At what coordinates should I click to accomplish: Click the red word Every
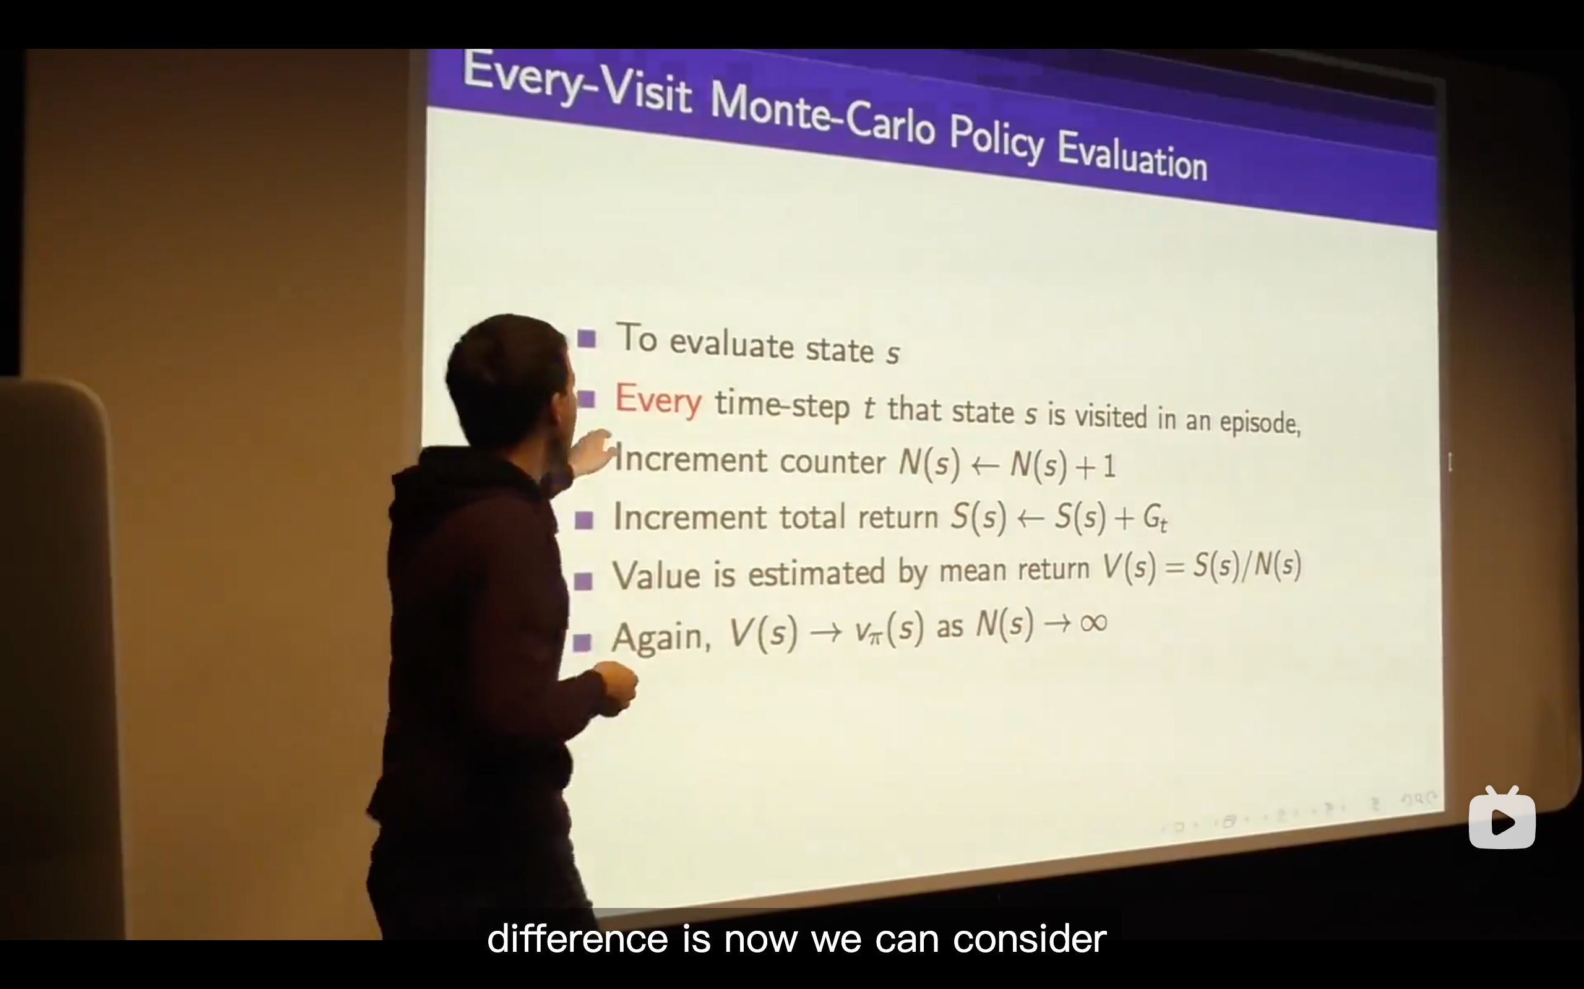pyautogui.click(x=658, y=400)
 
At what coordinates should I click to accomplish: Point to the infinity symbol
pyautogui.click(x=1094, y=622)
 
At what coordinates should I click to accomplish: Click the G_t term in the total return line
pyautogui.click(x=1155, y=519)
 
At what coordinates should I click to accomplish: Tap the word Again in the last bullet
pyautogui.click(x=661, y=636)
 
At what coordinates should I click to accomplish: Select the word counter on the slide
pyautogui.click(x=833, y=462)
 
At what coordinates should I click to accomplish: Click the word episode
pyautogui.click(x=1260, y=421)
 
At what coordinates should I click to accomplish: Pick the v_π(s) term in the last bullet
pyautogui.click(x=889, y=629)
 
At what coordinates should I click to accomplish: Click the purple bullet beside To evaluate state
pyautogui.click(x=587, y=339)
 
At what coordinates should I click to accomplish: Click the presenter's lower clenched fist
pyautogui.click(x=614, y=687)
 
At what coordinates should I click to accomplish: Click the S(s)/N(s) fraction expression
pyautogui.click(x=1247, y=565)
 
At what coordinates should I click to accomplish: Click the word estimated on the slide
pyautogui.click(x=816, y=573)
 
